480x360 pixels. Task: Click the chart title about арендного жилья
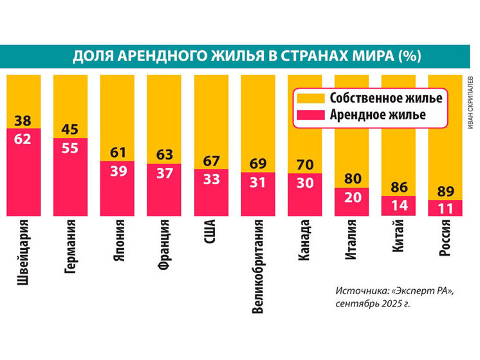(246, 56)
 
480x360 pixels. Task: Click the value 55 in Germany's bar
(69, 147)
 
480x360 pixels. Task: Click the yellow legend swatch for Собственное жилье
(308, 99)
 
